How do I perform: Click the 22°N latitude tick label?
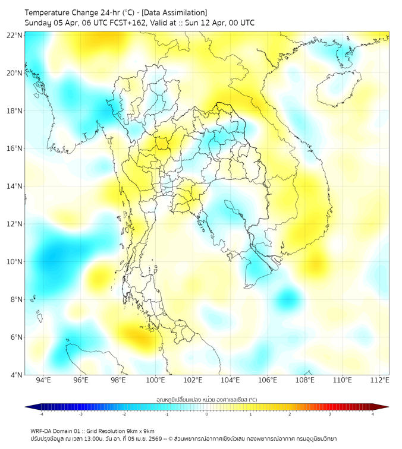(15, 35)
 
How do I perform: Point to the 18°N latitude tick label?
(15, 110)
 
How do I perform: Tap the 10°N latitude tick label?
(15, 261)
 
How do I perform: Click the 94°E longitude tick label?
(43, 380)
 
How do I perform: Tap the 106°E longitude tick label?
(268, 380)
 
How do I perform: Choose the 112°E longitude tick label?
(379, 380)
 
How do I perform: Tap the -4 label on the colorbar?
(41, 414)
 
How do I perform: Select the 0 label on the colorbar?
(207, 414)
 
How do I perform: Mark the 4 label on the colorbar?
(372, 414)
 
